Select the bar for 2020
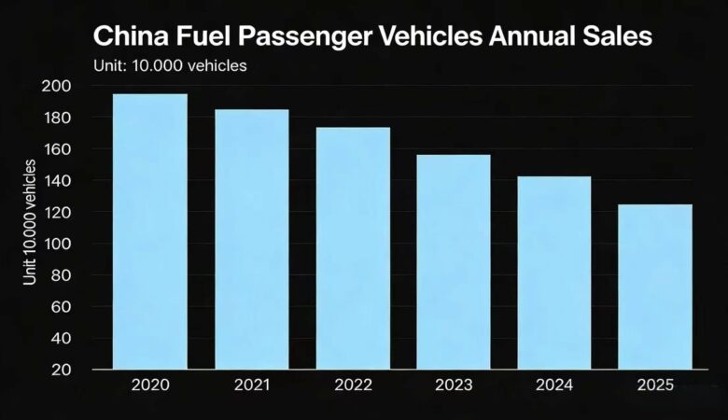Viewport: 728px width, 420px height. click(x=149, y=231)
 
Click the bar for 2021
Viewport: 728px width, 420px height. click(x=251, y=239)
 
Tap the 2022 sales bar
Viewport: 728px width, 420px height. click(x=352, y=247)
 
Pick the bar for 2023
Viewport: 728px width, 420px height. click(x=453, y=261)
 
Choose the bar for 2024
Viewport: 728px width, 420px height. click(x=553, y=273)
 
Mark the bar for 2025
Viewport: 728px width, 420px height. click(x=654, y=287)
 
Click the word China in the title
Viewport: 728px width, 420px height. click(x=129, y=37)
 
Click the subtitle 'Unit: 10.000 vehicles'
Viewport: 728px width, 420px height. click(x=171, y=65)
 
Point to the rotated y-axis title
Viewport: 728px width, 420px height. click(x=30, y=222)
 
